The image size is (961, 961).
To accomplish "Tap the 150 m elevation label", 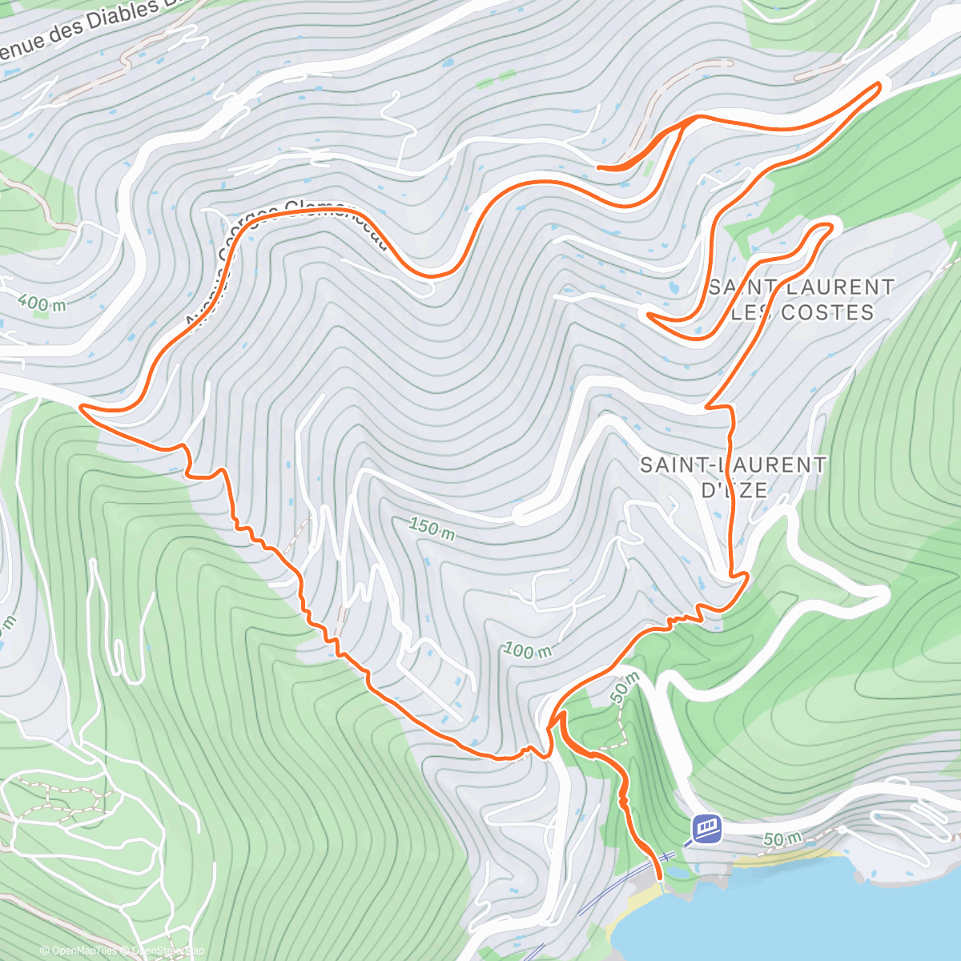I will click(432, 529).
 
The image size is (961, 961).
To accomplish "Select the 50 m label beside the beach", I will click(782, 839).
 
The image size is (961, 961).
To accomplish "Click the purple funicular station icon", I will click(706, 827).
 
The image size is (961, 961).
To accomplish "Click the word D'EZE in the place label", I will click(734, 489).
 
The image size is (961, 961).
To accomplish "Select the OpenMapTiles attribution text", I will click(77, 951).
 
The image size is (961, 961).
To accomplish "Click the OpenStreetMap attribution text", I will click(164, 951).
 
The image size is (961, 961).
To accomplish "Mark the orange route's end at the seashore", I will click(660, 878).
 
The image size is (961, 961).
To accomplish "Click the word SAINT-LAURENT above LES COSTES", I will click(802, 287).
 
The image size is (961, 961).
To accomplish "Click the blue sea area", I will click(801, 913).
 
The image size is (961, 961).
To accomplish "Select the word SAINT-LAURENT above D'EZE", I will click(734, 464).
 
